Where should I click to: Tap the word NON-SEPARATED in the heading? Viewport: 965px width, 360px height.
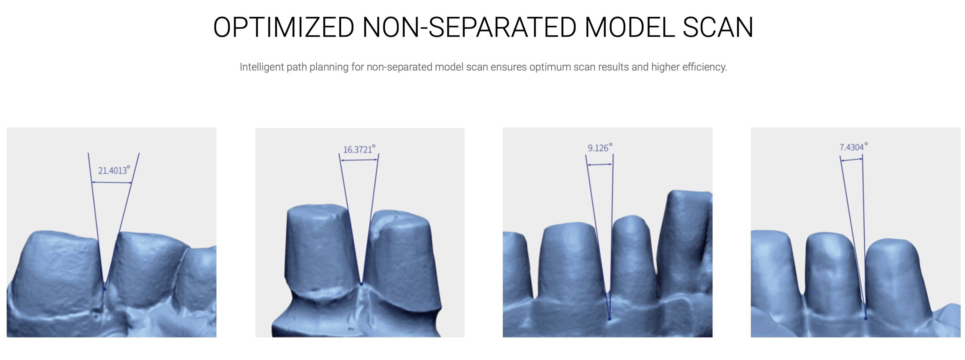469,27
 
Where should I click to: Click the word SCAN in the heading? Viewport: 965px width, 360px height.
718,27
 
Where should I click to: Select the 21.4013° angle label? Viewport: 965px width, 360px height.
114,170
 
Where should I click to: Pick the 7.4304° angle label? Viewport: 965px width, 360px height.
853,147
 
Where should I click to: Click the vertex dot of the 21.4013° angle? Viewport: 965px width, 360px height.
105,289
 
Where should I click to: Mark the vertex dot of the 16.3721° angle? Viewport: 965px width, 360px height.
362,284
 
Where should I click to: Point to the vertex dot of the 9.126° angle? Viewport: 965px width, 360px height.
610,319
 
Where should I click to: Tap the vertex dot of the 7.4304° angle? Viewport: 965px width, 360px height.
866,318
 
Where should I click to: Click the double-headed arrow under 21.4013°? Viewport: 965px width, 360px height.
112,182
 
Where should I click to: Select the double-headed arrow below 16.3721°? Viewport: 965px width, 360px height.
359,160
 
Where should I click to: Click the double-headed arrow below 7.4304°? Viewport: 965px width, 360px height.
851,160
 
